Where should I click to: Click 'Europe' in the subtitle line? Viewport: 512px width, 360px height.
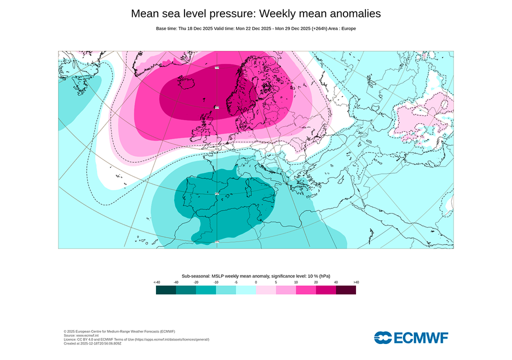348,28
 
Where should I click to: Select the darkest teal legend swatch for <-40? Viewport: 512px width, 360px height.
165,290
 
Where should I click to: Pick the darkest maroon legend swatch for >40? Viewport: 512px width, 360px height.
346,290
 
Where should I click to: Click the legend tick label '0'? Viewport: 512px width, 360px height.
256,282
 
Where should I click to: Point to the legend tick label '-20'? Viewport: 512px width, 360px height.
196,282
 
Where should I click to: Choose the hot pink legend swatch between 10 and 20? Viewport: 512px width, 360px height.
306,290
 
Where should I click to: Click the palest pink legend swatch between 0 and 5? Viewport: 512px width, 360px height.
266,290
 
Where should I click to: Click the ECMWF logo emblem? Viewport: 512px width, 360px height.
383,337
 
